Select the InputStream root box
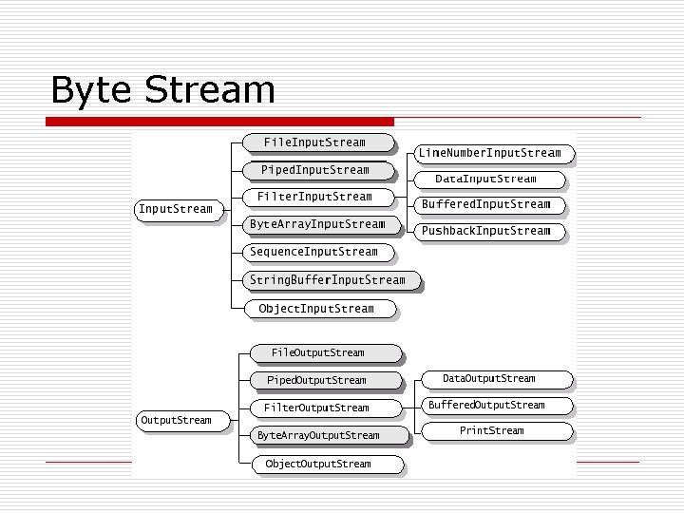pos(176,209)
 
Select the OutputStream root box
pos(176,420)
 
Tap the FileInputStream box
pos(314,142)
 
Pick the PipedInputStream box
pos(314,170)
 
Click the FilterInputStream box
pos(314,197)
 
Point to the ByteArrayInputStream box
pos(317,224)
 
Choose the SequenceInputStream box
pos(313,252)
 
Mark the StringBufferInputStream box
pos(327,280)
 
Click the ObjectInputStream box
pos(316,309)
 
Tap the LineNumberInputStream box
pos(490,153)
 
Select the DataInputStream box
pos(485,179)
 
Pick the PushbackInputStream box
pos(485,231)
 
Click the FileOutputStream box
pos(317,352)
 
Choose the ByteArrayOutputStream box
pos(318,435)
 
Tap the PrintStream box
pos(491,430)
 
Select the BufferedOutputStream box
pos(491,405)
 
